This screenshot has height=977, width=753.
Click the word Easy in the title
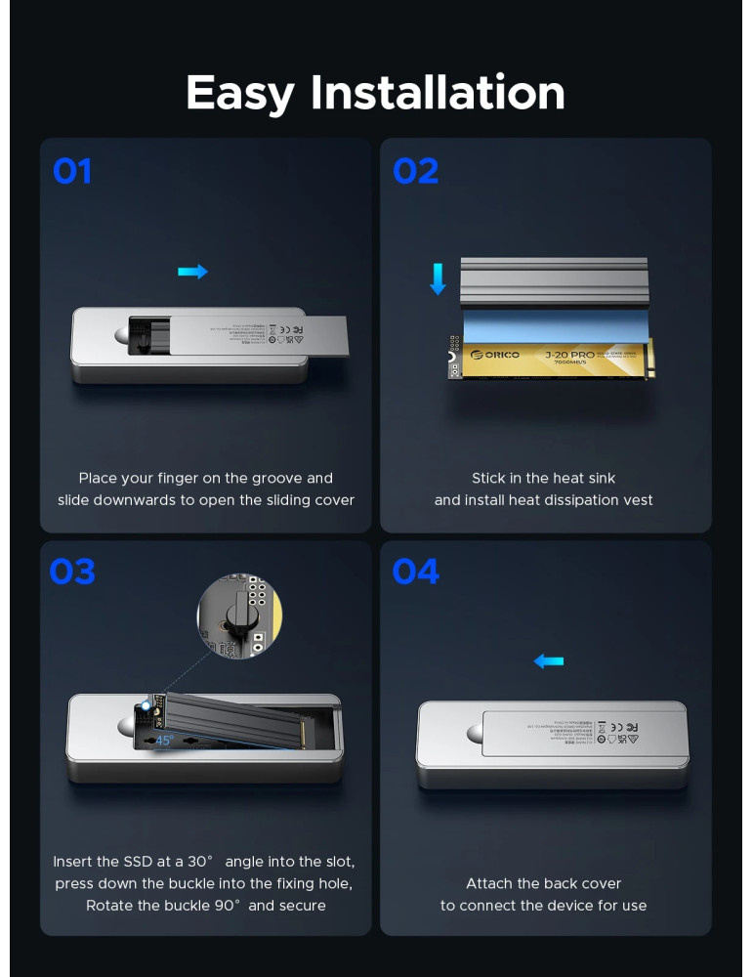pyautogui.click(x=239, y=93)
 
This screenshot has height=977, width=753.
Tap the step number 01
pyautogui.click(x=72, y=172)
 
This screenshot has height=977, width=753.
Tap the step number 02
pyautogui.click(x=415, y=172)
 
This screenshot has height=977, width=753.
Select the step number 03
pyautogui.click(x=72, y=572)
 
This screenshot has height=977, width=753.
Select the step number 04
pyautogui.click(x=415, y=572)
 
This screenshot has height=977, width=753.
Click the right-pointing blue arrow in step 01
pyautogui.click(x=192, y=272)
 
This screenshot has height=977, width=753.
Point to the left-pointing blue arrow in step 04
pyautogui.click(x=548, y=661)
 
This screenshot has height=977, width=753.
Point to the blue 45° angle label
pyautogui.click(x=164, y=740)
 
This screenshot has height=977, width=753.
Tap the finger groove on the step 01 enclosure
pyautogui.click(x=124, y=337)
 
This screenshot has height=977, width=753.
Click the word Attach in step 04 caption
pyautogui.click(x=489, y=883)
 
